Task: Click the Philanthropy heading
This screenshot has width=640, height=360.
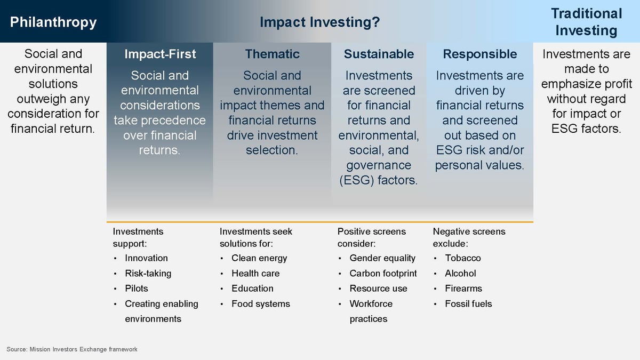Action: [53, 22]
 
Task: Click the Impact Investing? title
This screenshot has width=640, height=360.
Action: [319, 22]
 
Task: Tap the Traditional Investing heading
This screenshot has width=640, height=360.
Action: [586, 22]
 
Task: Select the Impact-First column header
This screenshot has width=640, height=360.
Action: [160, 54]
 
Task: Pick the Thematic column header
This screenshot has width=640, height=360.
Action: [272, 54]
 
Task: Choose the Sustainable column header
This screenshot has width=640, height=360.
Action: [379, 54]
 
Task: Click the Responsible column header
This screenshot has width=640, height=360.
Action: [479, 54]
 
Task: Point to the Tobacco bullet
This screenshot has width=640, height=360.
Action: [462, 258]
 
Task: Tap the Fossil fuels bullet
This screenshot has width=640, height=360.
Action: [468, 304]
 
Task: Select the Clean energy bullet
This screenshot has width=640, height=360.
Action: [259, 258]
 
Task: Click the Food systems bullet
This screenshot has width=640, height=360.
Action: [260, 304]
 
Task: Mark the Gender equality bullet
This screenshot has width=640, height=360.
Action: [382, 258]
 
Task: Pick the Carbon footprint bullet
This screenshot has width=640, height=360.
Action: [383, 274]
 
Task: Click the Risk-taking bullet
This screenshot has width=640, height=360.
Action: [148, 274]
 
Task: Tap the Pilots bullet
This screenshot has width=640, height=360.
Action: [136, 289]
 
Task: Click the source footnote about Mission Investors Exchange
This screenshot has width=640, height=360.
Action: [72, 349]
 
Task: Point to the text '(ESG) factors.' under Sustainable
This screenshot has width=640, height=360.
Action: [379, 180]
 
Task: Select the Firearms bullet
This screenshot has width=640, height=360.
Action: [463, 289]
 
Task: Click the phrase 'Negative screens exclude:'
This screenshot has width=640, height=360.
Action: [469, 237]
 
